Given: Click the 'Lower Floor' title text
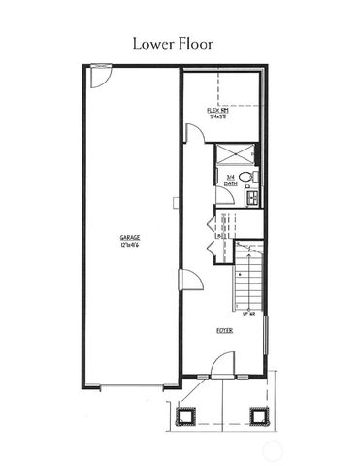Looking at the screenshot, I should tap(180, 43).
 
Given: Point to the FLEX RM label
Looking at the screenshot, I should tap(217, 111).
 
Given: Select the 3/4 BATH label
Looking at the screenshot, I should tap(231, 179).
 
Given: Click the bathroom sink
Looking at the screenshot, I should tap(251, 196).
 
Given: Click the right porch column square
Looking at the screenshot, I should tap(258, 416).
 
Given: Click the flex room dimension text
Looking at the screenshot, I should tap(217, 117).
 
